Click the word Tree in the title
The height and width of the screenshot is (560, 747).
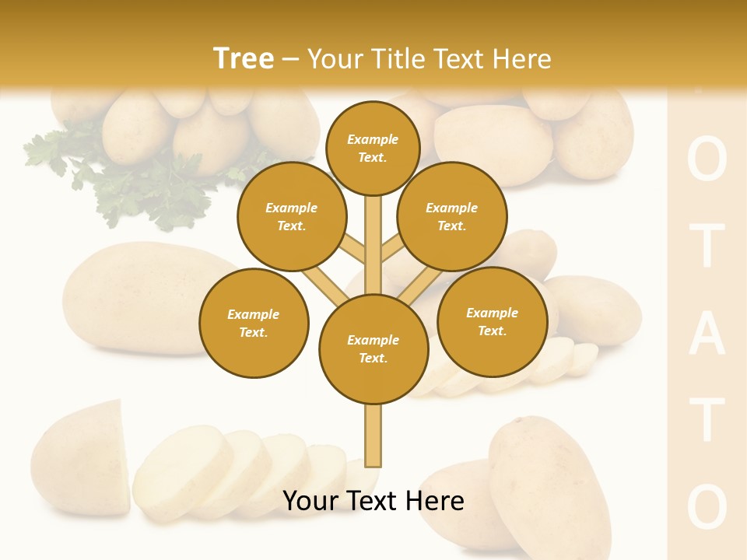tap(243, 59)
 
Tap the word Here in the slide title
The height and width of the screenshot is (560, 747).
tap(521, 59)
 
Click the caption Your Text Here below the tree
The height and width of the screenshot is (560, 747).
tap(373, 501)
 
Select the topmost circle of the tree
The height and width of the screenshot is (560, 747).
tap(373, 148)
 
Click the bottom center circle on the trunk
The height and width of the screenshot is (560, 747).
tap(373, 349)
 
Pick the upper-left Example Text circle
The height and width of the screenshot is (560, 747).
tap(291, 216)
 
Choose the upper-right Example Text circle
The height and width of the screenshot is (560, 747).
tap(452, 216)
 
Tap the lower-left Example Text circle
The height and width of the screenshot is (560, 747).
tap(254, 323)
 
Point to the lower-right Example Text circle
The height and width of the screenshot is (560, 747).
tap(492, 321)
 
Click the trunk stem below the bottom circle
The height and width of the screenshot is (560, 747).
tap(373, 436)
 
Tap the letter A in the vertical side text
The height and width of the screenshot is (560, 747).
tap(707, 334)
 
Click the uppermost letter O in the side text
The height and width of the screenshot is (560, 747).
tap(707, 161)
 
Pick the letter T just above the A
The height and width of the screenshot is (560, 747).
tap(707, 247)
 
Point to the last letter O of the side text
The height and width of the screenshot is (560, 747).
tap(707, 507)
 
